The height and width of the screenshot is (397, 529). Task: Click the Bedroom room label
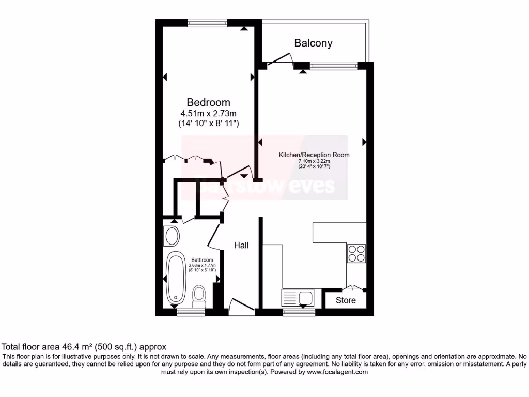[x=208, y=102]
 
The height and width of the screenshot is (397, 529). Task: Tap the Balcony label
[x=313, y=43]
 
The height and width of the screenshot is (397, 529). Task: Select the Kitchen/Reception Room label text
[x=314, y=155]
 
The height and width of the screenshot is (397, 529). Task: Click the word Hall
[x=241, y=245]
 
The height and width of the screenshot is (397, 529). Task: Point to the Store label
[x=346, y=300]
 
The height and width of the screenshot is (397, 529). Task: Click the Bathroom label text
[x=202, y=260]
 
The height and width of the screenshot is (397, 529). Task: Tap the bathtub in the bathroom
[x=176, y=278]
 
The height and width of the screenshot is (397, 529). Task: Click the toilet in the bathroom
[x=198, y=295]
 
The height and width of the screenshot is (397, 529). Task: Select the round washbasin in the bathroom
[x=172, y=237]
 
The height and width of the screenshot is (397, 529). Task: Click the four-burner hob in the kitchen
[x=356, y=253]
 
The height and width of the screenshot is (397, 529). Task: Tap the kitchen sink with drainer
[x=297, y=298]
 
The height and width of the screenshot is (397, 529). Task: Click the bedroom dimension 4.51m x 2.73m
[x=208, y=113]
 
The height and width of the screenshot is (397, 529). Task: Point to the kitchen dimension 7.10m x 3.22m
[x=314, y=161]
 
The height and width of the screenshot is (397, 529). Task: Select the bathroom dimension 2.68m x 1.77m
[x=202, y=265]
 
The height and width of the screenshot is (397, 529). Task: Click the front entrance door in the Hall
[x=241, y=308]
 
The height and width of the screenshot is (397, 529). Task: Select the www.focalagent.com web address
[x=337, y=372]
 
